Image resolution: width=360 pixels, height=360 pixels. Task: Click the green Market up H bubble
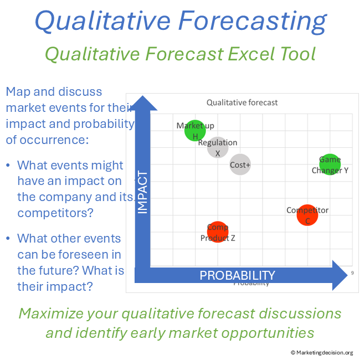195,131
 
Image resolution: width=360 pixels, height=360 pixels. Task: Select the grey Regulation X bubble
218,147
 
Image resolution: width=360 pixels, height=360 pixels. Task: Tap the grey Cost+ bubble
240,164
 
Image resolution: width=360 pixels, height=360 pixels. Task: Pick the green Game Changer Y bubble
330,164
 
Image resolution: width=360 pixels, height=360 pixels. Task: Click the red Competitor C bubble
307,215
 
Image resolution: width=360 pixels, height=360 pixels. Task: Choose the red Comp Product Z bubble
218,232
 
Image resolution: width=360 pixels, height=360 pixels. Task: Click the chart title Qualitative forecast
242,102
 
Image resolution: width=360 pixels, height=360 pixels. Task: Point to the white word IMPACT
143,192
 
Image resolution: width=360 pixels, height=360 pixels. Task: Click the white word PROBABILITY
237,275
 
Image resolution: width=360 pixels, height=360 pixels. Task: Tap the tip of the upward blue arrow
143,97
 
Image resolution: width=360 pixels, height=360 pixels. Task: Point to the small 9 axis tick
352,273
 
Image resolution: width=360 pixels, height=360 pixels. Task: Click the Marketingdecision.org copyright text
322,352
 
